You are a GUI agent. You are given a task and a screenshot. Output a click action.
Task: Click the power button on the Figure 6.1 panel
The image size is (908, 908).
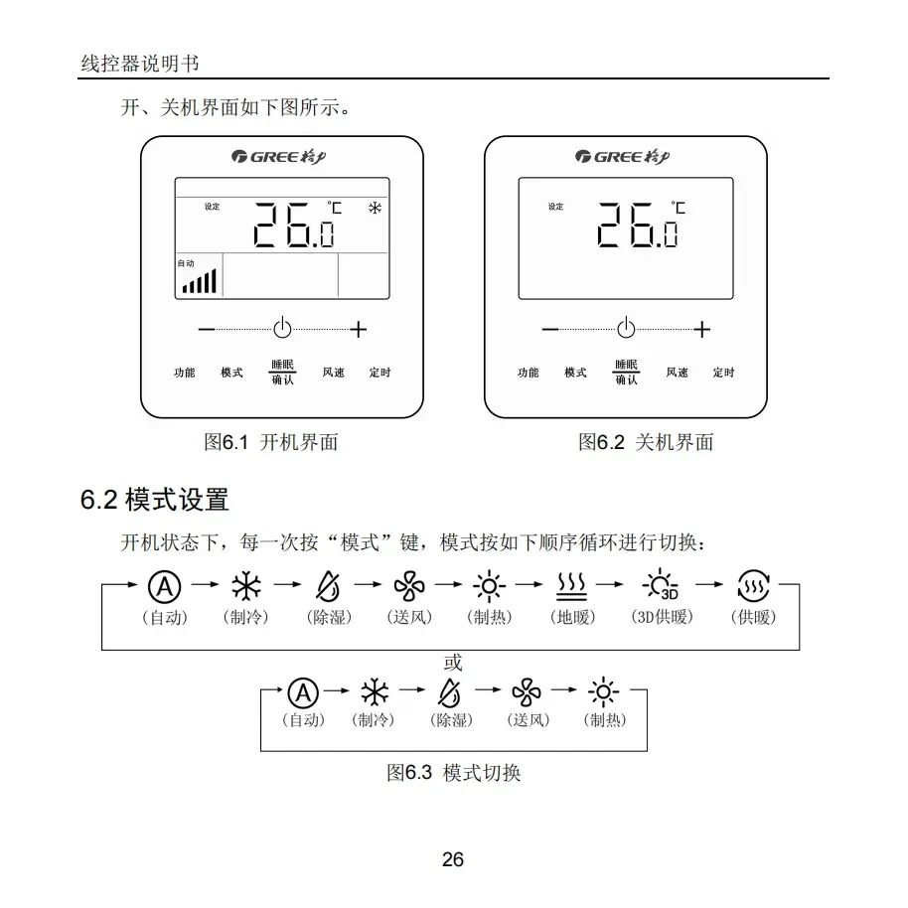click(283, 328)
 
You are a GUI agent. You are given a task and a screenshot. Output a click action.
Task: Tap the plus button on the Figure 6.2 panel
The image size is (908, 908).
click(702, 329)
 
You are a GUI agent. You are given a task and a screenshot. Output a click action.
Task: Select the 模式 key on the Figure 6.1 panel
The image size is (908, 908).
click(231, 373)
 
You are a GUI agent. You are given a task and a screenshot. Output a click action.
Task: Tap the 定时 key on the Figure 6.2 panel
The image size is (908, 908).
click(723, 373)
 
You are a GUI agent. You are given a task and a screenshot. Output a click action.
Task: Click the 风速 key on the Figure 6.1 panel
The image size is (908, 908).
click(333, 373)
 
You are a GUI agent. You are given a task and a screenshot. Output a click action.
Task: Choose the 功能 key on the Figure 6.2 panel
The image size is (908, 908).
click(528, 373)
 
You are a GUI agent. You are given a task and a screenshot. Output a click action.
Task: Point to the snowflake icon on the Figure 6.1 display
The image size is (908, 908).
click(375, 209)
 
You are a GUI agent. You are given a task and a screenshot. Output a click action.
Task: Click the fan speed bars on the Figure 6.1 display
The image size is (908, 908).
click(199, 282)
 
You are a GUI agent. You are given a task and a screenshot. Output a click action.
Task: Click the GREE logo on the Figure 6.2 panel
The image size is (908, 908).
click(625, 157)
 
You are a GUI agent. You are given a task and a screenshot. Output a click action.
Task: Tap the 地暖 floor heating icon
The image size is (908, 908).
click(572, 586)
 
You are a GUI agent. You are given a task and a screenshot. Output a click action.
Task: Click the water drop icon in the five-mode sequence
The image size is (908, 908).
click(450, 691)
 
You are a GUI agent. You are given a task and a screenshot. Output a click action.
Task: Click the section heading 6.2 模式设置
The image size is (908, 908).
click(154, 499)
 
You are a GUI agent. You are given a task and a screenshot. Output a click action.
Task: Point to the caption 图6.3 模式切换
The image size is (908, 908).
click(453, 772)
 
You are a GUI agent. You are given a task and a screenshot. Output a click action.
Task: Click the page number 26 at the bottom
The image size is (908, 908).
click(453, 859)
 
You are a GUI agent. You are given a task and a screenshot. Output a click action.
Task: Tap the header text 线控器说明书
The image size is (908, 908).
click(140, 64)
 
